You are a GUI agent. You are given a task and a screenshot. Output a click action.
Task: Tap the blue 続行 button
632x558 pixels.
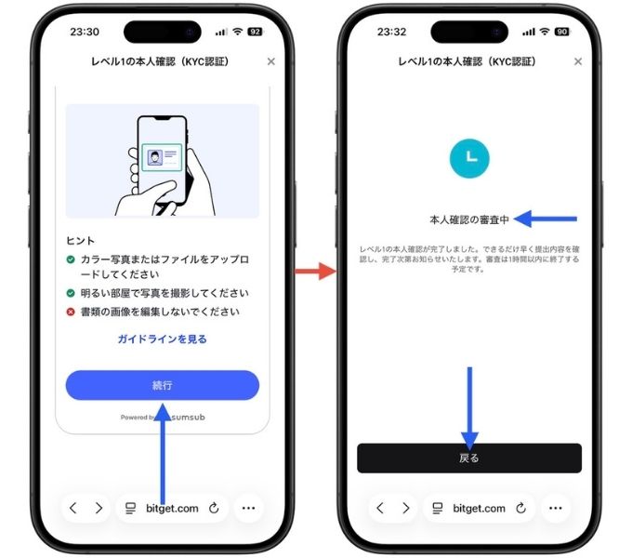[x=162, y=385]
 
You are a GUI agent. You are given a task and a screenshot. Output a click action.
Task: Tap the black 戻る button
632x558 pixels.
[x=469, y=458]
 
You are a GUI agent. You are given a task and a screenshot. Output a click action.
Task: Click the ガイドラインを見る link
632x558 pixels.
[x=162, y=339]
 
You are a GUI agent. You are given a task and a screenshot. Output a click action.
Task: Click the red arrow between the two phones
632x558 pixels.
[x=315, y=272]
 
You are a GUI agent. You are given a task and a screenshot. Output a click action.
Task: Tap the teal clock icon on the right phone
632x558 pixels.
[x=469, y=159]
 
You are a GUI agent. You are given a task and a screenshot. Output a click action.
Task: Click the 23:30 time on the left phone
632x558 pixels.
[x=85, y=32]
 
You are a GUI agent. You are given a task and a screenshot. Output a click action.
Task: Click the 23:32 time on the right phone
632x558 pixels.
[x=391, y=32]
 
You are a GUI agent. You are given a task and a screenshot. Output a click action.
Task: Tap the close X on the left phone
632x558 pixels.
[x=270, y=61]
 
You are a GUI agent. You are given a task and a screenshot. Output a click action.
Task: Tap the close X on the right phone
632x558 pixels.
[x=577, y=61]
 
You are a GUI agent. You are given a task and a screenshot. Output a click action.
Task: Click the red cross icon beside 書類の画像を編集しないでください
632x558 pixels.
[x=71, y=312]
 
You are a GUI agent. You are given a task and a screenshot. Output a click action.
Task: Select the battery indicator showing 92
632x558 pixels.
[x=254, y=32]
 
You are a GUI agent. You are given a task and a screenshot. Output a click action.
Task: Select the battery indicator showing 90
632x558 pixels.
[x=560, y=32]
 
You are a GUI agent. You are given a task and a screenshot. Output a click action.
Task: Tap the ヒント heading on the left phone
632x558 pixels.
[x=80, y=239]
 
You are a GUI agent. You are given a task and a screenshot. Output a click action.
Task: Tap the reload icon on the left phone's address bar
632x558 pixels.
[x=214, y=509]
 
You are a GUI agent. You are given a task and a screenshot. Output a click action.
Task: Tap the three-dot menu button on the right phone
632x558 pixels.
[x=555, y=509]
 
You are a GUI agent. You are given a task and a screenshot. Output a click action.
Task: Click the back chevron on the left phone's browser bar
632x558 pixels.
[x=74, y=509]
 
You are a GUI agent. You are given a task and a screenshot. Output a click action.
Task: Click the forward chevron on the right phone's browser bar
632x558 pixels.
[x=405, y=509]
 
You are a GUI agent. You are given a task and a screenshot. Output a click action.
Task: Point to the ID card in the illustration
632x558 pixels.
[x=162, y=157]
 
